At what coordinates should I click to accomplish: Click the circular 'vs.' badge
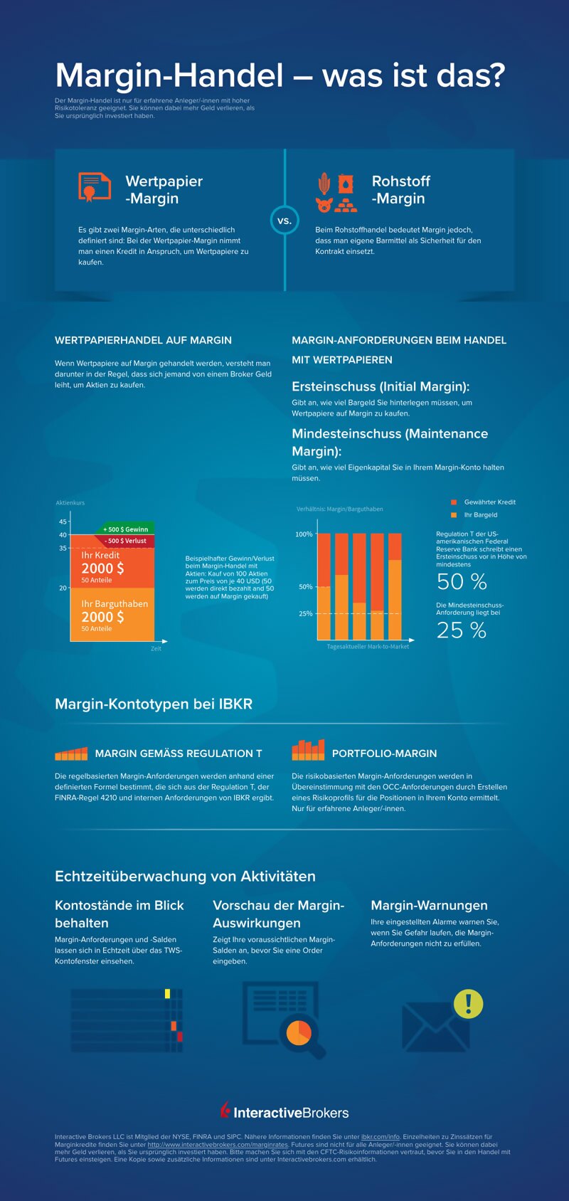pos(284,221)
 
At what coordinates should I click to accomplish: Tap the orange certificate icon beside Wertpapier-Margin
pos(94,187)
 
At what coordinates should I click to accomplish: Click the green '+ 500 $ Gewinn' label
pos(126,529)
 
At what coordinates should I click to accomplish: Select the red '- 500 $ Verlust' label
pos(126,541)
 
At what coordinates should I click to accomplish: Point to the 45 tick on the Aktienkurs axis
pos(63,522)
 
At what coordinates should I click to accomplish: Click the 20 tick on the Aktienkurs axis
pos(63,588)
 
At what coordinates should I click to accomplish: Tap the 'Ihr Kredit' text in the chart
pos(100,555)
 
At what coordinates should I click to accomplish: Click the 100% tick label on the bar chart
pos(304,534)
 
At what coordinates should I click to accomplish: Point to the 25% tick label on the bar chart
pos(305,613)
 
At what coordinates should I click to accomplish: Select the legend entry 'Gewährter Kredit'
pos(489,502)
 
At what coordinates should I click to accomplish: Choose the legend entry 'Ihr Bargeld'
pos(480,515)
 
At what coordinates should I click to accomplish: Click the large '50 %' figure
pos(462,582)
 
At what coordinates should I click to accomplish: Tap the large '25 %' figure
pos(462,630)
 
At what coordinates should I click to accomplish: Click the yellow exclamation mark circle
pos(468,1004)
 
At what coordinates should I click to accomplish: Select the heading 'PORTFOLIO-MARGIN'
pos(384,753)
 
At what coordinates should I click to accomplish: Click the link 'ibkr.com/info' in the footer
pos(381,1137)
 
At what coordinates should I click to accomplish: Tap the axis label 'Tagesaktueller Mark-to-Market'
pos(368,647)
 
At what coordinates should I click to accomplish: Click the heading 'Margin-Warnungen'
pos(429,905)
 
